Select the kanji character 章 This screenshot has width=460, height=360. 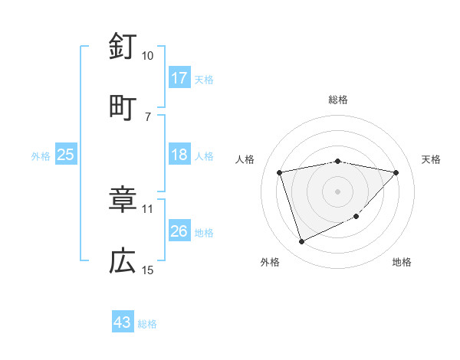(123, 201)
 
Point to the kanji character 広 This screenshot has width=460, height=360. (123, 261)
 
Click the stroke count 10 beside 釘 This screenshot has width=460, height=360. (147, 56)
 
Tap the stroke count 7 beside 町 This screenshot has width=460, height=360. (147, 116)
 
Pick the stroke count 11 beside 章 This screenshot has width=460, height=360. (147, 208)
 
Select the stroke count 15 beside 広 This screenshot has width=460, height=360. (147, 270)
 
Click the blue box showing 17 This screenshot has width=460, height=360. (179, 78)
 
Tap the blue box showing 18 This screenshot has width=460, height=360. (179, 155)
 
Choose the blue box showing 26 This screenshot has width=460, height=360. (179, 231)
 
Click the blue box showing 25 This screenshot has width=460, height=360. (66, 155)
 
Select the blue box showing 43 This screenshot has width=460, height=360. (123, 322)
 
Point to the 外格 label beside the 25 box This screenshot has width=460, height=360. (41, 155)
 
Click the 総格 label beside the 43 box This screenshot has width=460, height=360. (147, 323)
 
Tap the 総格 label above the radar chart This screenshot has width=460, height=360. (338, 100)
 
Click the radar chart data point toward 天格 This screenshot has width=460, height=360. (396, 172)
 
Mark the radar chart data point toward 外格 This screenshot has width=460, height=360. (301, 242)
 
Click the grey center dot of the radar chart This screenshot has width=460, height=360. (338, 191)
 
